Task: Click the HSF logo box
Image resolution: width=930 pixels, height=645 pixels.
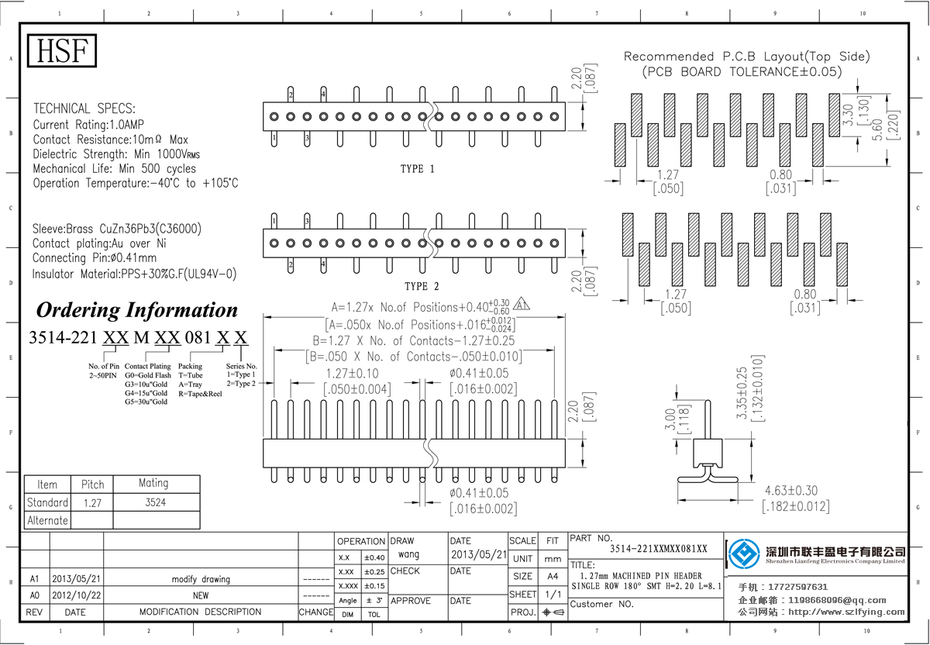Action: click(x=64, y=51)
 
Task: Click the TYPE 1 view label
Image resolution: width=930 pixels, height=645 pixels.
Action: click(x=417, y=169)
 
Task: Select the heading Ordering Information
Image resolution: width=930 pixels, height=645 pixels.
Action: click(x=137, y=310)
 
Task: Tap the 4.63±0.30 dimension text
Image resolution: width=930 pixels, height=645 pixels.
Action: click(x=790, y=491)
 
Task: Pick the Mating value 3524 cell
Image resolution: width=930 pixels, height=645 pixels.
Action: click(x=153, y=502)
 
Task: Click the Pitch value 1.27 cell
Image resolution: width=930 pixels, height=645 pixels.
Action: click(x=92, y=502)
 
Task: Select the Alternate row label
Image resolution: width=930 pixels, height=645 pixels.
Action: click(x=47, y=520)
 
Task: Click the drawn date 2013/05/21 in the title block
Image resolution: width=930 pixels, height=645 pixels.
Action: click(x=477, y=555)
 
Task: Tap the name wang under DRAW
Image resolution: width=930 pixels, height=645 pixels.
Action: click(x=408, y=554)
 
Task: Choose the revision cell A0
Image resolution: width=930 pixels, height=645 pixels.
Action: click(x=34, y=595)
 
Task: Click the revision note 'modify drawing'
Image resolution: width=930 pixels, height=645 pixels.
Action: click(x=201, y=579)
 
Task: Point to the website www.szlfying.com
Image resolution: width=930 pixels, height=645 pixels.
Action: click(x=846, y=612)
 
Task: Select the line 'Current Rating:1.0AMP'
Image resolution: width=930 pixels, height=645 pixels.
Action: click(x=88, y=124)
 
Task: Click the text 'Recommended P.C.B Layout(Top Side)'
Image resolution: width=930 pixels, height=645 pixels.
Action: click(x=746, y=57)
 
